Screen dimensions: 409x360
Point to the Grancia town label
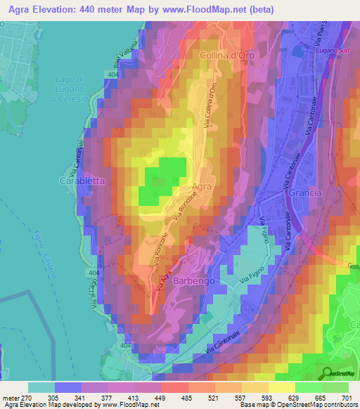[x=304, y=192]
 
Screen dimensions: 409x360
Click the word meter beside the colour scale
[x=11, y=397]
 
